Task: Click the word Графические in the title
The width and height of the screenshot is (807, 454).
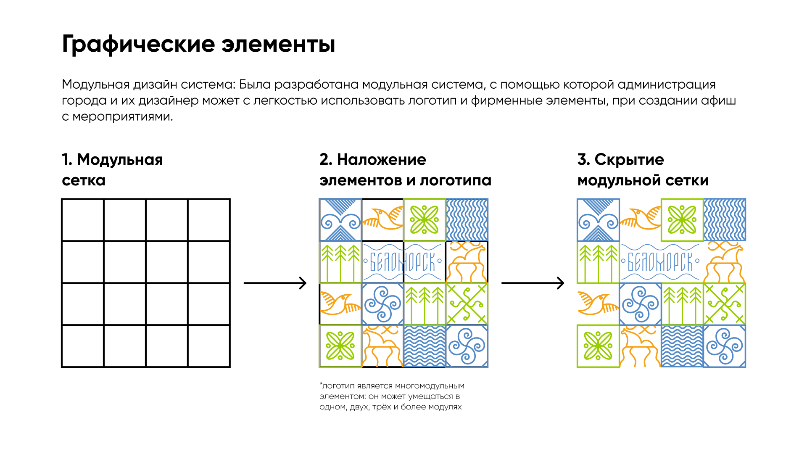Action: tap(138, 44)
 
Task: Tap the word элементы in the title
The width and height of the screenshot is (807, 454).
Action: tap(278, 44)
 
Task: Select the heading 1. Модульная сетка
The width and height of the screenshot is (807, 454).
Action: tap(112, 170)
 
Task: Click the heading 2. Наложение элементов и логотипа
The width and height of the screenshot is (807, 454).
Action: tap(405, 170)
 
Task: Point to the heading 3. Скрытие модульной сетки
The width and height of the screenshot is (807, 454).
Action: tap(643, 170)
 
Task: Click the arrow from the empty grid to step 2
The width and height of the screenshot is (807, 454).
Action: tap(275, 283)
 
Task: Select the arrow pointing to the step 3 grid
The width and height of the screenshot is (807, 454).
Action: tap(533, 283)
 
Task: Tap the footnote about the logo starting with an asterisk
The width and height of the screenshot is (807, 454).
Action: tap(392, 396)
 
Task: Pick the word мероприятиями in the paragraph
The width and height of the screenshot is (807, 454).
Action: tap(123, 116)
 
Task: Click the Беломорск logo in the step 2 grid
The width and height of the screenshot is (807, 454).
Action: tap(403, 262)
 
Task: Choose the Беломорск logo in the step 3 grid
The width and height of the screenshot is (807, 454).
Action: tap(661, 262)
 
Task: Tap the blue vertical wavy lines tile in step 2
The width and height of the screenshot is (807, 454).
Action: tap(467, 220)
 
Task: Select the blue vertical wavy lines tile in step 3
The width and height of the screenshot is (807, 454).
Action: tap(725, 220)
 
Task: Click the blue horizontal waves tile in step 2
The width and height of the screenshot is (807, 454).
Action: tap(425, 346)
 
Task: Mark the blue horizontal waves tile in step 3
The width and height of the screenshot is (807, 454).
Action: tap(682, 346)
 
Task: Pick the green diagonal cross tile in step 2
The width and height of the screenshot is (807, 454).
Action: tap(467, 304)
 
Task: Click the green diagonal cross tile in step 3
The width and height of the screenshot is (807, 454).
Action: tap(725, 304)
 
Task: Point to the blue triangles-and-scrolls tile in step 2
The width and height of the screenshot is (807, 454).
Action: tap(340, 220)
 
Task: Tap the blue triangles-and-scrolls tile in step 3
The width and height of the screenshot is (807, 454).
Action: tap(598, 220)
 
